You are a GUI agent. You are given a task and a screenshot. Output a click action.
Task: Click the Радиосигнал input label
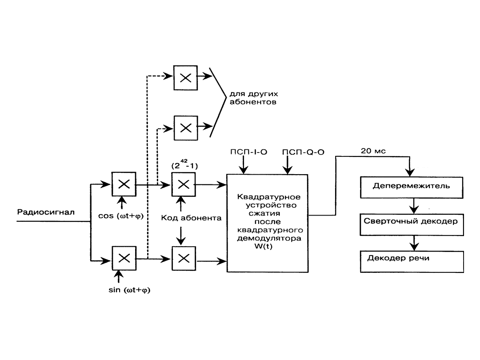pos(46,212)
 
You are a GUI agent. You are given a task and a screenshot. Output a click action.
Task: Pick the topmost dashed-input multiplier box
pos(185,77)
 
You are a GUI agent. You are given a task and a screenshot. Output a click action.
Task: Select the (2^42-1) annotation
pos(184,165)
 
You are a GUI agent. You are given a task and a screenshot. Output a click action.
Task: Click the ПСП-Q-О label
pos(303,152)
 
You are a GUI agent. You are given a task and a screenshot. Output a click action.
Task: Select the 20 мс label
pos(372,151)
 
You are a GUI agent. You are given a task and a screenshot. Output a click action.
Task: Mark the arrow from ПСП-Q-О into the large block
pos(288,165)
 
